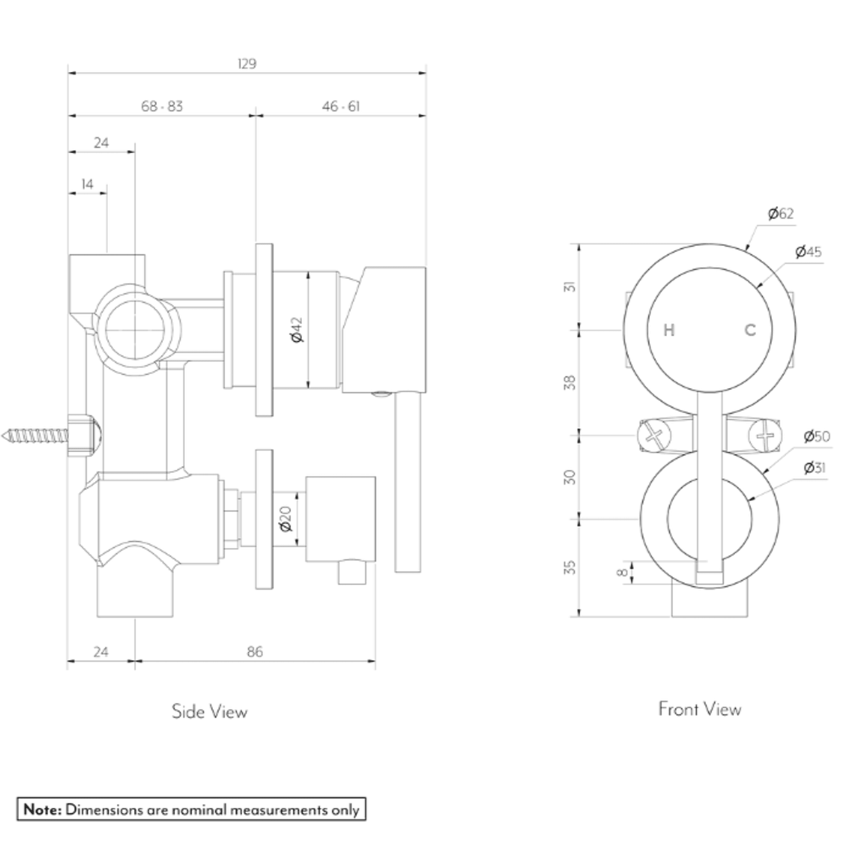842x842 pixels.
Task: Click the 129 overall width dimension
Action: pyautogui.click(x=247, y=64)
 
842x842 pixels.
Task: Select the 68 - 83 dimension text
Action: pyautogui.click(x=162, y=107)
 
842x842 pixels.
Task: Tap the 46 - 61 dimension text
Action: pyautogui.click(x=341, y=107)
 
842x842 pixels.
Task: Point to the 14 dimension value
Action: pyautogui.click(x=87, y=184)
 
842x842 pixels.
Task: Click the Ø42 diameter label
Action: pyautogui.click(x=297, y=330)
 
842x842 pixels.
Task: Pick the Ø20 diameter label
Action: pyautogui.click(x=285, y=519)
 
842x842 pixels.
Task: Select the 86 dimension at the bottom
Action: pyautogui.click(x=255, y=652)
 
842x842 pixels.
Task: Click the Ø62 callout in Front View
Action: pyautogui.click(x=781, y=214)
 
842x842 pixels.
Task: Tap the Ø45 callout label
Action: pyautogui.click(x=808, y=251)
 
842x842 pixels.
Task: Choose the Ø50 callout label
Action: pyautogui.click(x=817, y=436)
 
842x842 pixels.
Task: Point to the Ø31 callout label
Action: pyautogui.click(x=814, y=468)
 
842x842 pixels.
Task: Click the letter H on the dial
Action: pyautogui.click(x=669, y=331)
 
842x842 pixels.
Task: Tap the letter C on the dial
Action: pyautogui.click(x=750, y=330)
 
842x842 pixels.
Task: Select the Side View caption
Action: pyautogui.click(x=209, y=711)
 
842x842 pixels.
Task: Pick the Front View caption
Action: pyautogui.click(x=700, y=709)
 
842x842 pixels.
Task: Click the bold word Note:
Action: pyautogui.click(x=43, y=809)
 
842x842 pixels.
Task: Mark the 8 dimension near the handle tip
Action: pyautogui.click(x=622, y=572)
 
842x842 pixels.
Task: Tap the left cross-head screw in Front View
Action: pyautogui.click(x=654, y=436)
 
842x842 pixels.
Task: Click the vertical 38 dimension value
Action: pyautogui.click(x=570, y=383)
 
